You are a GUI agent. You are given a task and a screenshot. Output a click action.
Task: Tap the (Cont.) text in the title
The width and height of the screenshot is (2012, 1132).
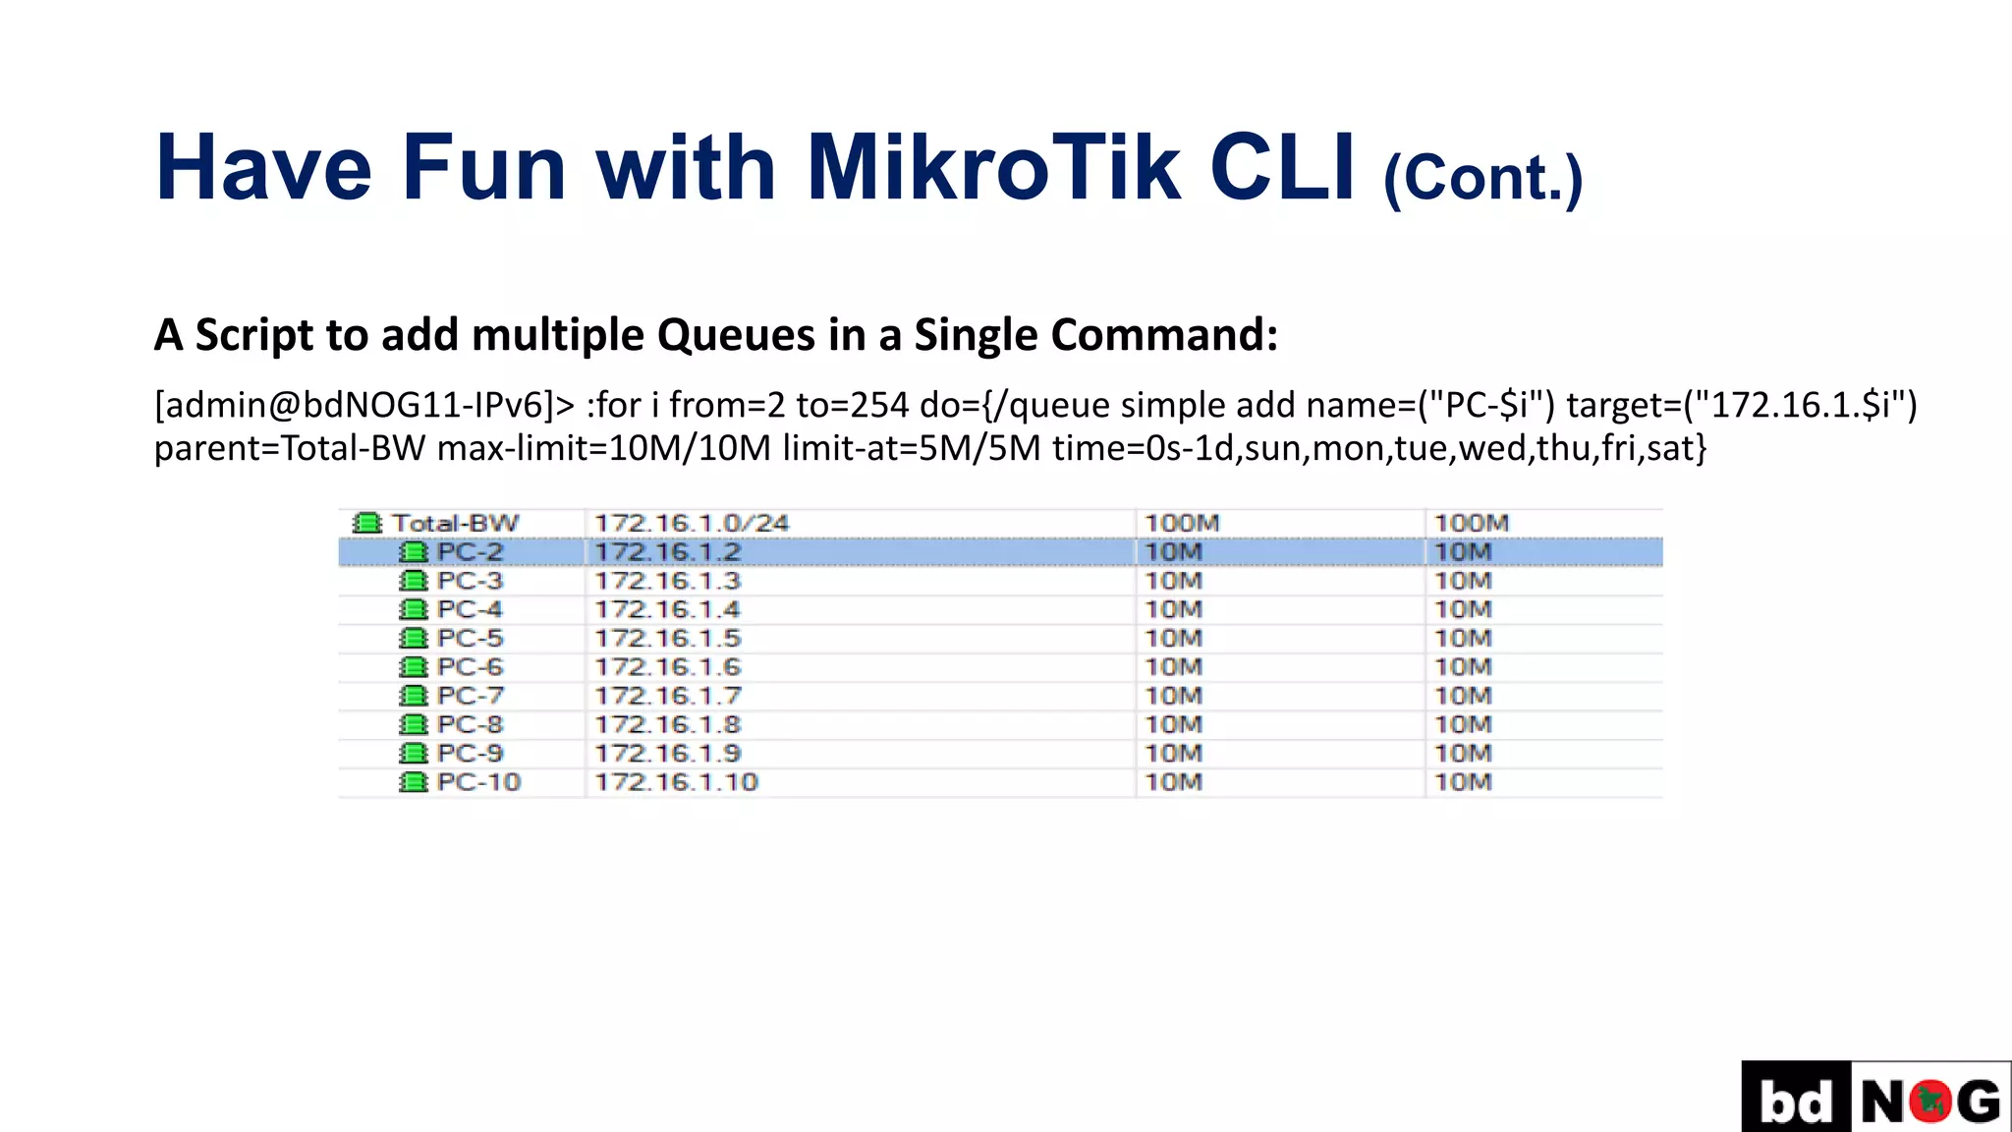(1482, 178)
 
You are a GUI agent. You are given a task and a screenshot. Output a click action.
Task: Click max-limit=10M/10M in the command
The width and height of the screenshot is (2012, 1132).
(604, 448)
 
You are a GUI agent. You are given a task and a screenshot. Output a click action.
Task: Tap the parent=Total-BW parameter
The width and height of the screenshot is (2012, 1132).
(290, 448)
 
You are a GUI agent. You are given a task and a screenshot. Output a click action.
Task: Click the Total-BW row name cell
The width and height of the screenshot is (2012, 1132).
(455, 523)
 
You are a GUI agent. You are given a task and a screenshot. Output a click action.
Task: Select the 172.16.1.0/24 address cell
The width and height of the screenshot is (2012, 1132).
(692, 523)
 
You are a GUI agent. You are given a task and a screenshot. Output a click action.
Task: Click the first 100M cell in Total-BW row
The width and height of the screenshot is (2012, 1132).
(1182, 523)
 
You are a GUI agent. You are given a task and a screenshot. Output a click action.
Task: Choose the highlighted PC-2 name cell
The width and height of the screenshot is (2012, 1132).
(470, 552)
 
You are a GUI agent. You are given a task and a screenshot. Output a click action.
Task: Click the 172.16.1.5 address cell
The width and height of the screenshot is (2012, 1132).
(668, 638)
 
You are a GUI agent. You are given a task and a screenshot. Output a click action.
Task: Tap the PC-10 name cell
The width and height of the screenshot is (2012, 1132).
(478, 782)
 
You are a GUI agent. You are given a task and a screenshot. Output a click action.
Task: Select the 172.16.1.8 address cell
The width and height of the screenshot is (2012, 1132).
(668, 724)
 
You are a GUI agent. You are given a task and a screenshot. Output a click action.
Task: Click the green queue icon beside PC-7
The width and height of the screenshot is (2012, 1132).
(414, 696)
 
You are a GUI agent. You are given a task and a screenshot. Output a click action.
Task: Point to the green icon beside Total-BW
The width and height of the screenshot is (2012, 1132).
(367, 523)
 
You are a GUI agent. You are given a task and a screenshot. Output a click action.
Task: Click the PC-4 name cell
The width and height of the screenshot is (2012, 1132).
(470, 609)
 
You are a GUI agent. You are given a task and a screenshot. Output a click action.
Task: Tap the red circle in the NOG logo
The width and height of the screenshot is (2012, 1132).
(1930, 1101)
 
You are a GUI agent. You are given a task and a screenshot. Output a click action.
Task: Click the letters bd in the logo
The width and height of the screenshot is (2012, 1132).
(1796, 1101)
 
